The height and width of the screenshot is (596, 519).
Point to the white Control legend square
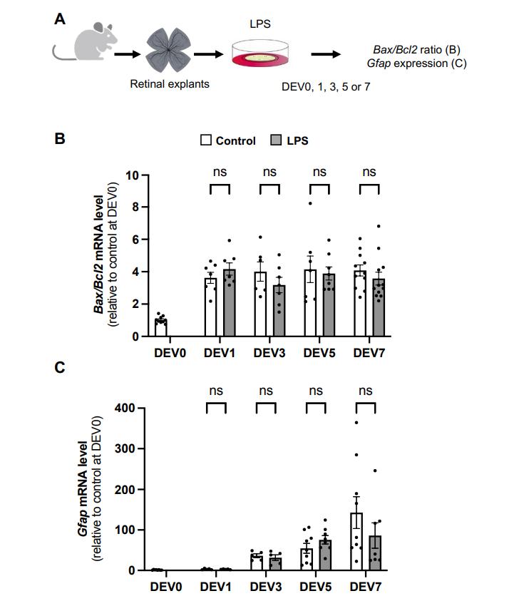[206, 140]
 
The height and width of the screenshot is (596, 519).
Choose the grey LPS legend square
[277, 140]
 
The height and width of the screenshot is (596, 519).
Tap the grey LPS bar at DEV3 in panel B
[279, 310]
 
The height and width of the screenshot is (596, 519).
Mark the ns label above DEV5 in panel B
[319, 172]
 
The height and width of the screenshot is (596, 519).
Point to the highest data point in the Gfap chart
[356, 423]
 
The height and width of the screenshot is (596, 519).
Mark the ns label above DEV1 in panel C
[216, 391]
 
